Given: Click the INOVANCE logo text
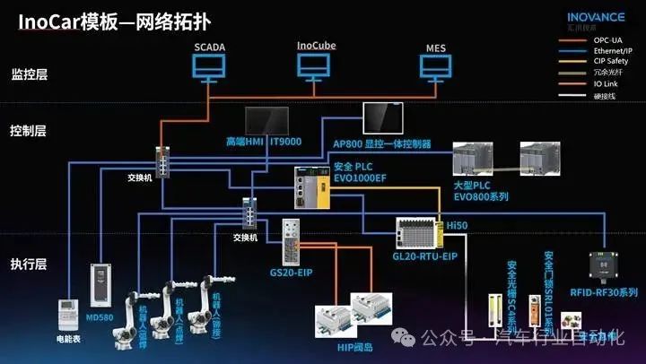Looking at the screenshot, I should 600,17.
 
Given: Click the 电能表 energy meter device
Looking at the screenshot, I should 68,316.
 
